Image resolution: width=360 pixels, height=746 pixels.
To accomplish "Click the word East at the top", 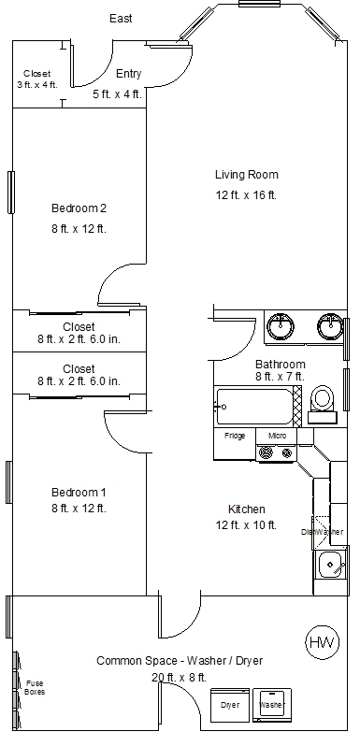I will (121, 18).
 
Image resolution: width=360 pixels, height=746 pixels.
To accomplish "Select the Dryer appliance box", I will (230, 705).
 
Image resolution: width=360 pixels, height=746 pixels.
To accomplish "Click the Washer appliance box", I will (271, 705).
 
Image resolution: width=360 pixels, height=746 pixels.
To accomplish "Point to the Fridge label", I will (236, 436).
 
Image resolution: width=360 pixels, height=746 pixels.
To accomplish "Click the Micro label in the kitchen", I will (277, 436).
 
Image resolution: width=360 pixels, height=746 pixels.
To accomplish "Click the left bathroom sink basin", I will (280, 326).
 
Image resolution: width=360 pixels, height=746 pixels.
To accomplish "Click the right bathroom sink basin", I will (328, 326).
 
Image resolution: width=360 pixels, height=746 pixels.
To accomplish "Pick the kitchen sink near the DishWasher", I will (330, 566).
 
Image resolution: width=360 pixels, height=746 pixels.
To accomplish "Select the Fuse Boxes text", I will (35, 687).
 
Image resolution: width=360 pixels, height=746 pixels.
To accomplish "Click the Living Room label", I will (246, 174).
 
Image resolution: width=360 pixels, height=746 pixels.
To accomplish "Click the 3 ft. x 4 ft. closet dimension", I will (36, 85).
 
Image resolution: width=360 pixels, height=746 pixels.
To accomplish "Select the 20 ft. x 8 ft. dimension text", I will (180, 678).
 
